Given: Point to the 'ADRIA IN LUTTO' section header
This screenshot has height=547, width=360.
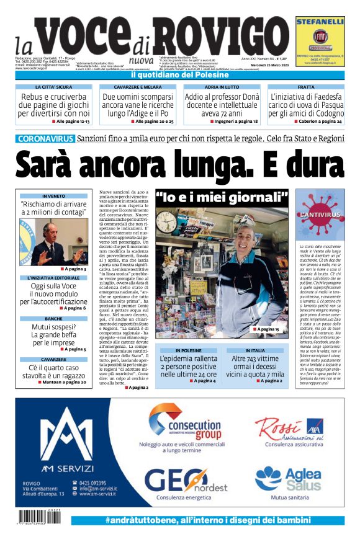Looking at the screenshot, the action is (x=222, y=87).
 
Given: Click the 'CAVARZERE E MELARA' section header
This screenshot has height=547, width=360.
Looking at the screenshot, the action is (x=137, y=87).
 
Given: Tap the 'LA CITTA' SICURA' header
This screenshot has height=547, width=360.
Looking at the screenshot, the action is (x=53, y=87).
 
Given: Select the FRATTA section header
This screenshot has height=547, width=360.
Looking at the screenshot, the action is (x=306, y=87).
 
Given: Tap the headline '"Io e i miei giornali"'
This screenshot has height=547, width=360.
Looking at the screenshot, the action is (x=222, y=198).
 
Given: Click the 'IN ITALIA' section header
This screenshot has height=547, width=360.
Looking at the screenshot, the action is (x=254, y=350).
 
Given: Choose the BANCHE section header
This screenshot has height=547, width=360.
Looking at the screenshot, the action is (x=53, y=319).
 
